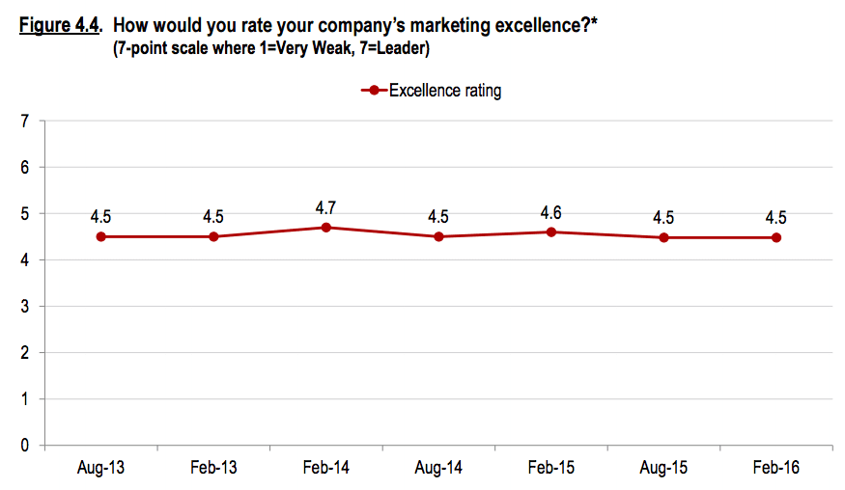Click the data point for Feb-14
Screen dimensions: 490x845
pos(326,228)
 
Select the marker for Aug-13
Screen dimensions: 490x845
pos(100,236)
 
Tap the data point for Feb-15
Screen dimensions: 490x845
pos(550,231)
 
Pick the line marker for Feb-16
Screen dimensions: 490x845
pos(776,237)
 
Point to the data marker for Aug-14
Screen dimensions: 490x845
pos(438,236)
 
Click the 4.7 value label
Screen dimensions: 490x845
pos(326,207)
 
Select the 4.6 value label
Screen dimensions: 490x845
pos(550,211)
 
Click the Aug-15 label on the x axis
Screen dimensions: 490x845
pos(663,468)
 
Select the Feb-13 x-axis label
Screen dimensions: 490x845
pos(213,468)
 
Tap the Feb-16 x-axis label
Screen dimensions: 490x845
pos(776,468)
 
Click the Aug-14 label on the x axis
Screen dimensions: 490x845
pos(438,468)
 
